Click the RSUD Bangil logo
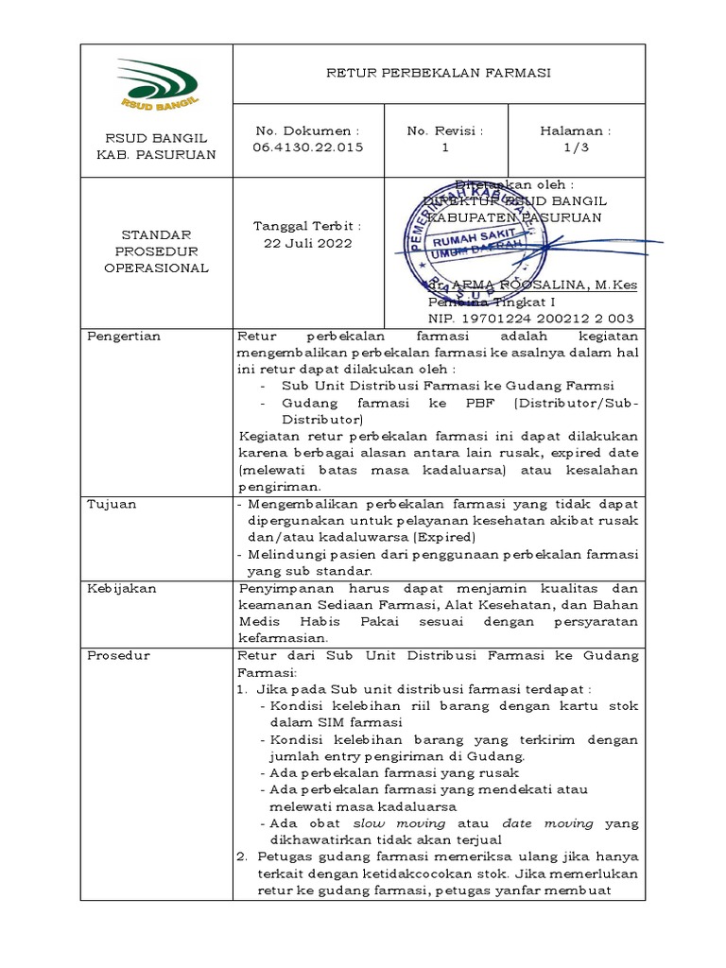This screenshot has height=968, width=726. pyautogui.click(x=157, y=83)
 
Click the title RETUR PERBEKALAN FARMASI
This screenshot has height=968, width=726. pyautogui.click(x=439, y=73)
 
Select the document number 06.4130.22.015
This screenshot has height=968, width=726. pyautogui.click(x=306, y=147)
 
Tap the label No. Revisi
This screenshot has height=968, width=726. pyautogui.click(x=444, y=130)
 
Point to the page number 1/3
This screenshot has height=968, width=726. pyautogui.click(x=576, y=147)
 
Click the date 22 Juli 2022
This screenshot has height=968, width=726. pyautogui.click(x=306, y=243)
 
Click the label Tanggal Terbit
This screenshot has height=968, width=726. pyautogui.click(x=306, y=226)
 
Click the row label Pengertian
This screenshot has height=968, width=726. pyautogui.click(x=124, y=336)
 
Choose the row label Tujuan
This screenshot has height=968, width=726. pyautogui.click(x=112, y=504)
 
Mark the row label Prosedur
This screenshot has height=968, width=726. pyautogui.click(x=117, y=655)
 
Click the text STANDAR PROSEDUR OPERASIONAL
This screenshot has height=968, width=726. pyautogui.click(x=157, y=251)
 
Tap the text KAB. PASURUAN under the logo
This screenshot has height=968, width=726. pyautogui.click(x=157, y=154)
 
